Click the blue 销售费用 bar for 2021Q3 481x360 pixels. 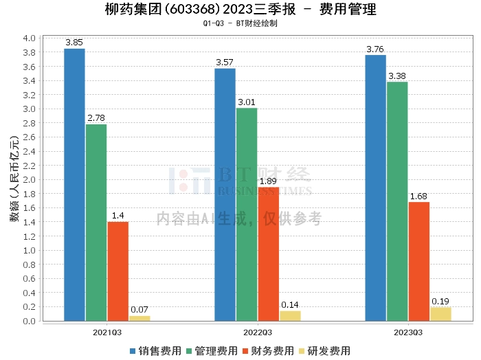click(74, 185)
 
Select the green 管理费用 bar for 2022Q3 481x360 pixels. click(247, 214)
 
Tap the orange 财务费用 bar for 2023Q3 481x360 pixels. click(418, 261)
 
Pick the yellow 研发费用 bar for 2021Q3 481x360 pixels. click(139, 318)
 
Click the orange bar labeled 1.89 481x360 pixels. click(268, 254)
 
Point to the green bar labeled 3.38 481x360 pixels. click(397, 201)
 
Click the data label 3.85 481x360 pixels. click(74, 43)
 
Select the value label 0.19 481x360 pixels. click(440, 302)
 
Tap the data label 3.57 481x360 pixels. click(225, 63)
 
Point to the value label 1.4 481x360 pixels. click(118, 216)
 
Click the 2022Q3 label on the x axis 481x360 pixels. click(258, 332)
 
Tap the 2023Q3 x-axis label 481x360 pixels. click(408, 332)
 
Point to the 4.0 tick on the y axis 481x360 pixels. click(29, 38)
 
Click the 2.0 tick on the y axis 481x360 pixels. click(29, 180)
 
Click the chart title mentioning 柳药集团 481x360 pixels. click(241, 10)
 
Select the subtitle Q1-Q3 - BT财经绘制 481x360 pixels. click(240, 23)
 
